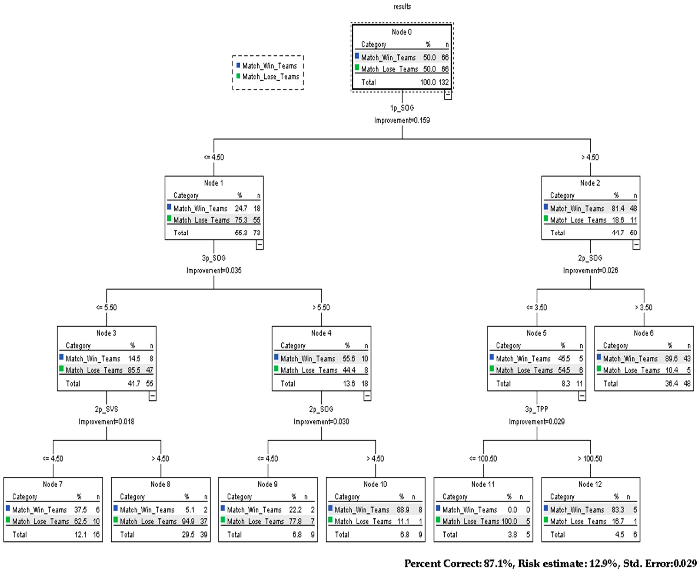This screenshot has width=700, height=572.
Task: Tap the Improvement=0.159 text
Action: tap(402, 120)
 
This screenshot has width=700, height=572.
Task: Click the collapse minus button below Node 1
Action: tap(259, 245)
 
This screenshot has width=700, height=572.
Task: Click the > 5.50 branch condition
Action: tap(321, 307)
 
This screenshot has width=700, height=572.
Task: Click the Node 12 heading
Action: tap(590, 484)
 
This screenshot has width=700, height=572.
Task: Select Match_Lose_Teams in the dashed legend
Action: tap(271, 77)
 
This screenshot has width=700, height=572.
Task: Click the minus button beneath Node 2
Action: tap(636, 245)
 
